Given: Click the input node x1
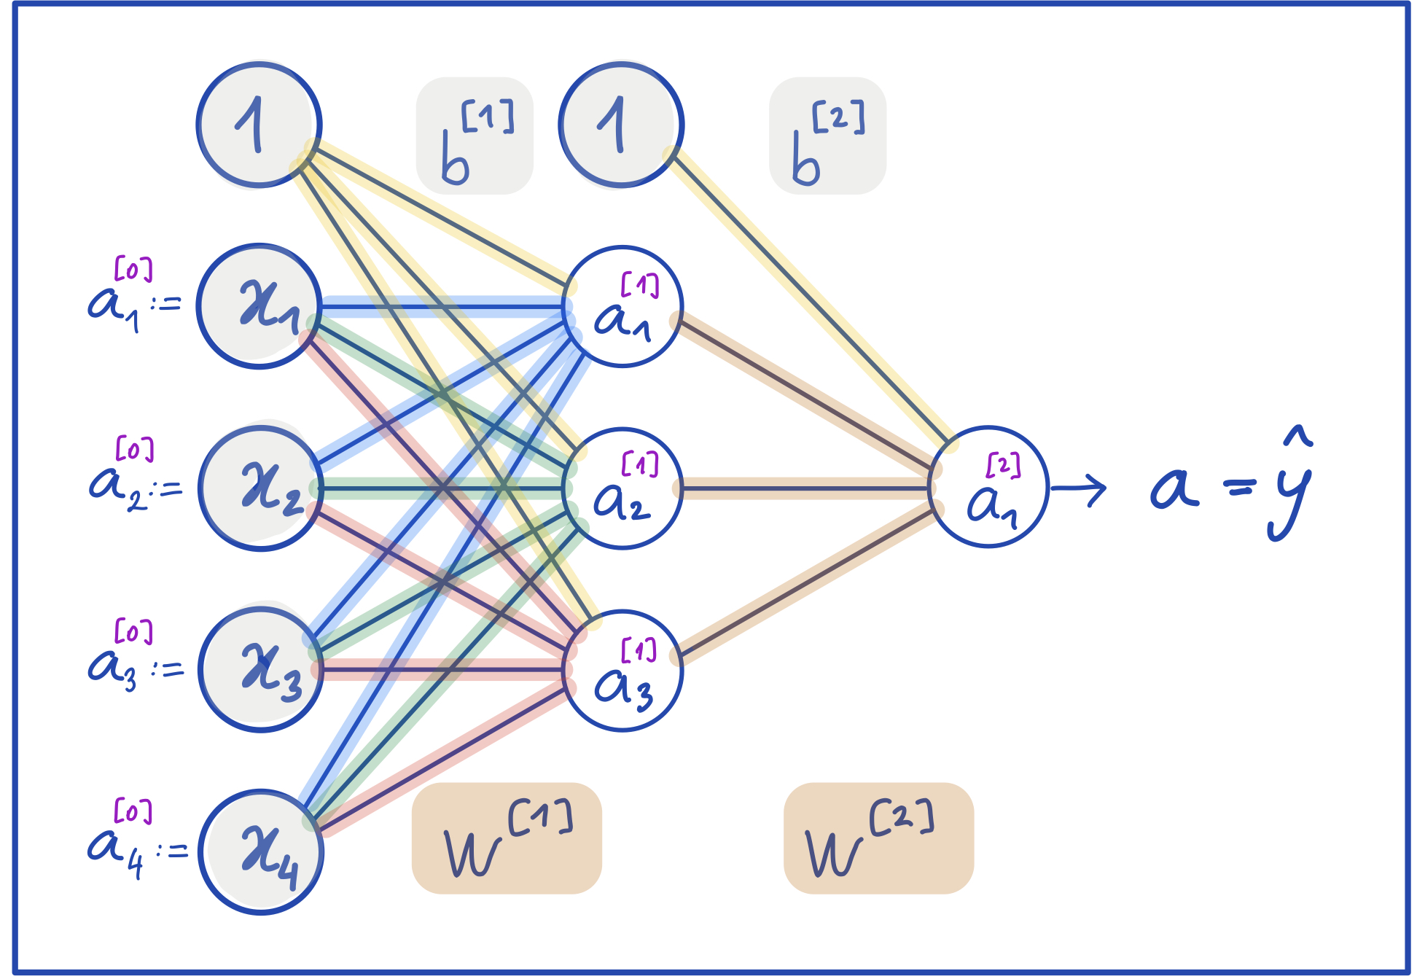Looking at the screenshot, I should [259, 306].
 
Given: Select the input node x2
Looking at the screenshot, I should [260, 488].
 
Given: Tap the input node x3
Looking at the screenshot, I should [260, 669].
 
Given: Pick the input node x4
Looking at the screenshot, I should [260, 851].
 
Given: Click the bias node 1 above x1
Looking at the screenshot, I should [259, 125].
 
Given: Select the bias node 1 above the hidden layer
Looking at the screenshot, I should [621, 125].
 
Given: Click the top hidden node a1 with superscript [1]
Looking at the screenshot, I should [622, 306].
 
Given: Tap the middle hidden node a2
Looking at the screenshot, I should [622, 488].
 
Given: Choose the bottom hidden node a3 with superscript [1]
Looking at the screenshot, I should [622, 670].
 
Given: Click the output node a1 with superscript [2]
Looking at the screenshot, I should [988, 487].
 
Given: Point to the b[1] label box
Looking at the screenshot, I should [475, 136].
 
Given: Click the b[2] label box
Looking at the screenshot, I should [827, 136].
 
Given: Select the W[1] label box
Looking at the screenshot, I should [507, 838].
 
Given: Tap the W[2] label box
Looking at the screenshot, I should [878, 838].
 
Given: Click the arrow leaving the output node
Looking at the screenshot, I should [1079, 488].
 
